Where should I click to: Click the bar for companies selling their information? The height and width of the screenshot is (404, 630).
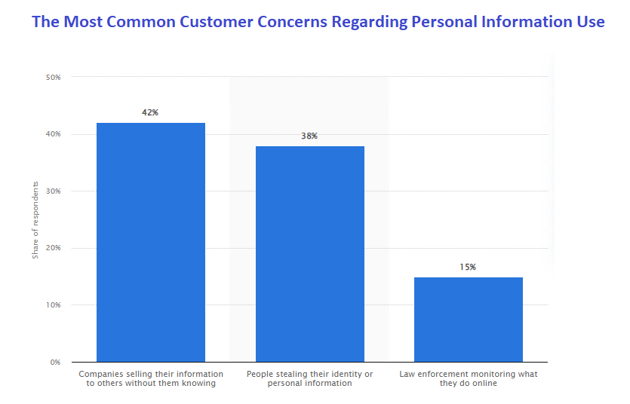point(150,242)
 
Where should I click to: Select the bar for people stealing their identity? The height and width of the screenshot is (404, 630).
point(310,254)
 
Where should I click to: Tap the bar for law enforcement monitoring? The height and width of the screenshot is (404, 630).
point(469,320)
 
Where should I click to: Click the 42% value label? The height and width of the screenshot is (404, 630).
point(150,112)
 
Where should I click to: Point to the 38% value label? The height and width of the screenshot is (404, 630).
point(309,136)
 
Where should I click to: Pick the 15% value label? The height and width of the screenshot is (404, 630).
point(469,267)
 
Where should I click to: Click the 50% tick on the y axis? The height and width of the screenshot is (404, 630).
point(54,77)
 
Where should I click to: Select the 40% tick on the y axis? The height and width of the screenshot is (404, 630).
point(54,134)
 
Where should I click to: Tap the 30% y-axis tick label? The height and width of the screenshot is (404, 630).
point(54,191)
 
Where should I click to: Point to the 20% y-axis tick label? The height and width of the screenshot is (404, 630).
point(54,248)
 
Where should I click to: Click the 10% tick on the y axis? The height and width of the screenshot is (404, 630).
point(54,305)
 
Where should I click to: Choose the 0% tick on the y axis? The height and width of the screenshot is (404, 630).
point(56,363)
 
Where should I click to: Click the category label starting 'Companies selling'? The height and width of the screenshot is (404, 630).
point(151,378)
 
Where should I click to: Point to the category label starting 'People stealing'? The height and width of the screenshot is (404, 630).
point(310,378)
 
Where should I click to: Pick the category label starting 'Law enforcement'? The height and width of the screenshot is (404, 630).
point(469,378)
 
